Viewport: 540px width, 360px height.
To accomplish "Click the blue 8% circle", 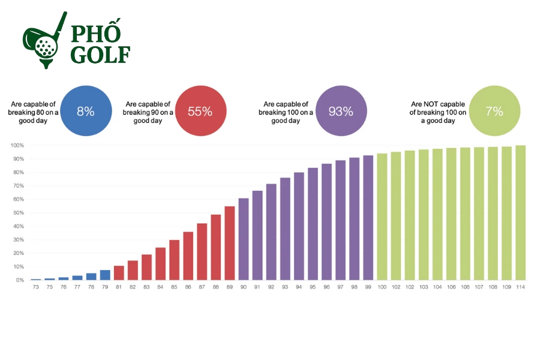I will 86,111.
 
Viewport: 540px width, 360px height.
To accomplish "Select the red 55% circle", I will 200,111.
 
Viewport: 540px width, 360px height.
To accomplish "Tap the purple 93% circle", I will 341,111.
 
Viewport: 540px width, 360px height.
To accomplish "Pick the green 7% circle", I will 494,111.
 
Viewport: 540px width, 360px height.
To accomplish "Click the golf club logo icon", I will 43,40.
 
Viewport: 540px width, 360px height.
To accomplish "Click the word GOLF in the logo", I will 100,54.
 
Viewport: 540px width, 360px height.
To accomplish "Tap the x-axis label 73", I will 35,287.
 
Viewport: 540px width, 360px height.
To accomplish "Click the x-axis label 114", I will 521,287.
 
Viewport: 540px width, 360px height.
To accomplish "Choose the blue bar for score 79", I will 105,275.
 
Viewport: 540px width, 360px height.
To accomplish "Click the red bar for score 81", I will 119,273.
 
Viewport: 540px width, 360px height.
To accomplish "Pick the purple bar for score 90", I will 244,239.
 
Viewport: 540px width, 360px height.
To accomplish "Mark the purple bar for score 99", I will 368,218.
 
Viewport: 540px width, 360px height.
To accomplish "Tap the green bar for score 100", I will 382,217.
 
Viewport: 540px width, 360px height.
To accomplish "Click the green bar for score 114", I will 521,212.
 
